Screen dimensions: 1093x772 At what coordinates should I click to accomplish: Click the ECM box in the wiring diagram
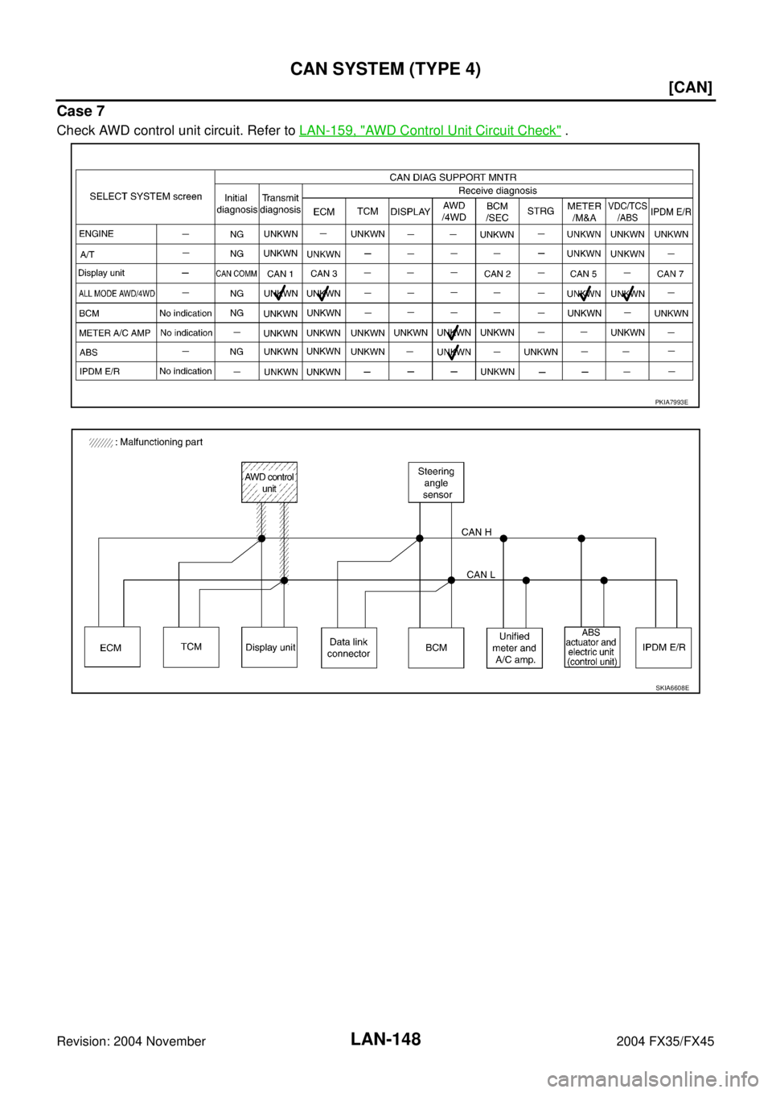(112, 647)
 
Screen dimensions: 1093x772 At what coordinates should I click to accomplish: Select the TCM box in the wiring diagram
(191, 646)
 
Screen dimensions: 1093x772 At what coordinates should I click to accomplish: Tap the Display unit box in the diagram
(269, 647)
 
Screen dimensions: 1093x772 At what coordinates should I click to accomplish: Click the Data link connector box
(349, 647)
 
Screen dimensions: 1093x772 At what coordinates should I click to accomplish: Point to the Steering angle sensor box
(436, 482)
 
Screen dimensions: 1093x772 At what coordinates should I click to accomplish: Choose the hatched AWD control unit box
(269, 482)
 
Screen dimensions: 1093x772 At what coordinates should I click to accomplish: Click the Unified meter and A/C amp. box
(514, 648)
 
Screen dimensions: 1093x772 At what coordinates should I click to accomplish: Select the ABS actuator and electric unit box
(592, 647)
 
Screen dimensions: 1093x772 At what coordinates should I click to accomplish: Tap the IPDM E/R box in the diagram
(664, 647)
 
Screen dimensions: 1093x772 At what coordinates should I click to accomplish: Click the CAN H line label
(476, 532)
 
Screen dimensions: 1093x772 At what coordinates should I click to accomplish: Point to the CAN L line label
(481, 575)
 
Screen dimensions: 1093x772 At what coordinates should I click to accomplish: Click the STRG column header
(540, 212)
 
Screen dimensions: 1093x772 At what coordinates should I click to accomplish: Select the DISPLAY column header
(410, 212)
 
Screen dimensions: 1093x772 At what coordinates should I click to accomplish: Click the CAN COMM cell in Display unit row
(236, 274)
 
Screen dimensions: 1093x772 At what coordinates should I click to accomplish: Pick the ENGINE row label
(96, 234)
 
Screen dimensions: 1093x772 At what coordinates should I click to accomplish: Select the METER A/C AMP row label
(114, 332)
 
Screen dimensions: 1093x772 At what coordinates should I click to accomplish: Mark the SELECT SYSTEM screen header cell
(146, 196)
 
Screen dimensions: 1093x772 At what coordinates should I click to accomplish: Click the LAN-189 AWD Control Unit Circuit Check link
(429, 129)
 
